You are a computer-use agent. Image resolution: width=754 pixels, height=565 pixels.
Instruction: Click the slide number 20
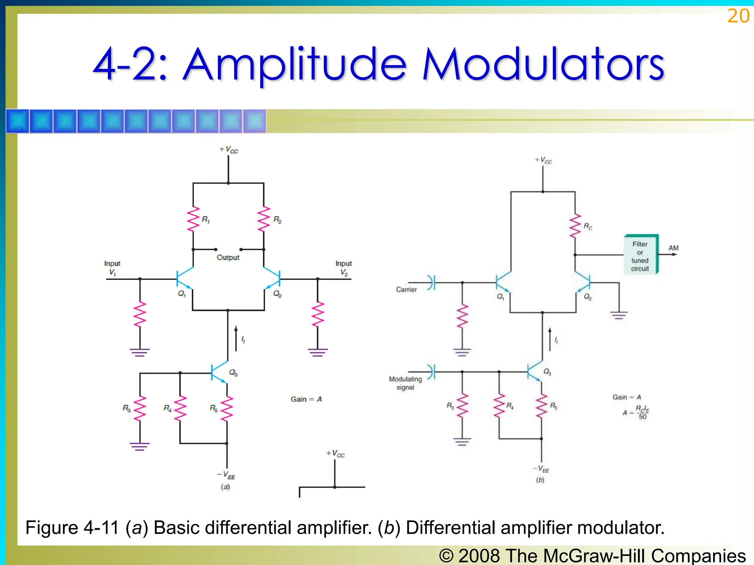[x=738, y=16]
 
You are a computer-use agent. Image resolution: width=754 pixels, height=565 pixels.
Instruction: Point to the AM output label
[x=673, y=248]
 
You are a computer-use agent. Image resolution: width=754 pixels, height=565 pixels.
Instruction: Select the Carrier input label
[x=406, y=289]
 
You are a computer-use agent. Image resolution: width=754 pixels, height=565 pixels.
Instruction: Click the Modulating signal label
[x=405, y=383]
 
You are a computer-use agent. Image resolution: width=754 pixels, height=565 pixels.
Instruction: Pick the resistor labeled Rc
[x=575, y=226]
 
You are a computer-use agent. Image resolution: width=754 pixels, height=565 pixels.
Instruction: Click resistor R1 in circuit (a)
[x=193, y=219]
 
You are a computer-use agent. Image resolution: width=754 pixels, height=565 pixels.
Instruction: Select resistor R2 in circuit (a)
[x=264, y=219]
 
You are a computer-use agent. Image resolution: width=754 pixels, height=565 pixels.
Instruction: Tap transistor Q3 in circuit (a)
[x=219, y=372]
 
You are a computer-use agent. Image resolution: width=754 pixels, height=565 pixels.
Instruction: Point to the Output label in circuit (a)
[x=228, y=257]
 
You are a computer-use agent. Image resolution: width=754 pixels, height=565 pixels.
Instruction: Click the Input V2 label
[x=343, y=268]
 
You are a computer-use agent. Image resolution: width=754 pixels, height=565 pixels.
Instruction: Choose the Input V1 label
[x=112, y=268]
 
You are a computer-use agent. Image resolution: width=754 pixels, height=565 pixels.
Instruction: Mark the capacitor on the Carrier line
[x=432, y=282]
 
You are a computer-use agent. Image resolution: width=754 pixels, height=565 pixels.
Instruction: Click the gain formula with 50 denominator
[x=636, y=412]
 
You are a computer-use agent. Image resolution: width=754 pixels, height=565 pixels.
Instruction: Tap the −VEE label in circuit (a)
[x=226, y=475]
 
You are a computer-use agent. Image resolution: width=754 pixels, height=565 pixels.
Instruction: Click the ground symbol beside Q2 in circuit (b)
[x=619, y=315]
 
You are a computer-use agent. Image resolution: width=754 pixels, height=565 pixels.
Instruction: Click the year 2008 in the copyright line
[x=479, y=556]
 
